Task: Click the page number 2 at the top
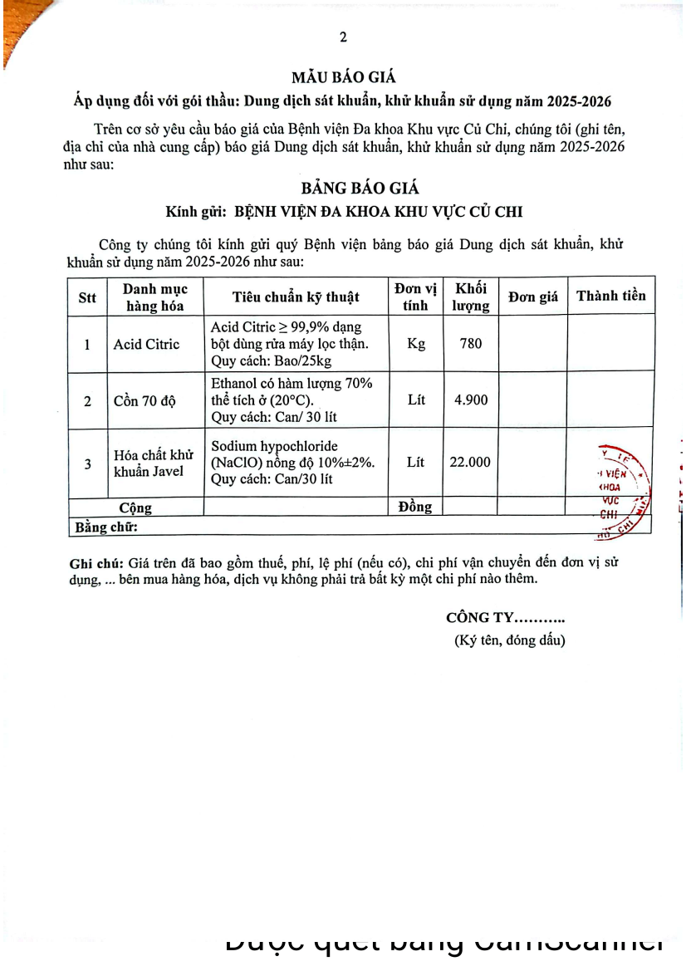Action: (x=342, y=37)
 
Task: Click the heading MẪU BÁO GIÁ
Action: (x=342, y=79)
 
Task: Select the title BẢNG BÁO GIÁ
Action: (x=342, y=189)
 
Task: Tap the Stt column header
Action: (x=86, y=297)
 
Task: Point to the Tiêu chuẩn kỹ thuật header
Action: (x=296, y=297)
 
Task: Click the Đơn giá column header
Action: (x=532, y=297)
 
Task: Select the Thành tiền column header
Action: (x=610, y=296)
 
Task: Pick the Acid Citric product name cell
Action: (x=146, y=344)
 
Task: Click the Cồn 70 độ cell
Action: (x=145, y=400)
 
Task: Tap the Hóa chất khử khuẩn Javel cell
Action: (x=153, y=463)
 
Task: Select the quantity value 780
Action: (x=470, y=343)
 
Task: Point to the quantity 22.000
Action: (x=470, y=463)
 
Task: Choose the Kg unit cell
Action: (x=416, y=343)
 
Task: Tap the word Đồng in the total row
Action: (x=415, y=507)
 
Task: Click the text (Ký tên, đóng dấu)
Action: (x=509, y=640)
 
